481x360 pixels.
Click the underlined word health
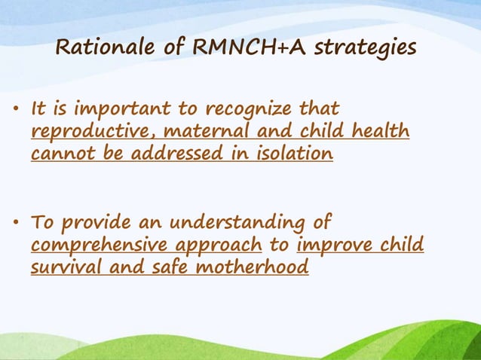381,132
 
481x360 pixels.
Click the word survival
63,267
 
